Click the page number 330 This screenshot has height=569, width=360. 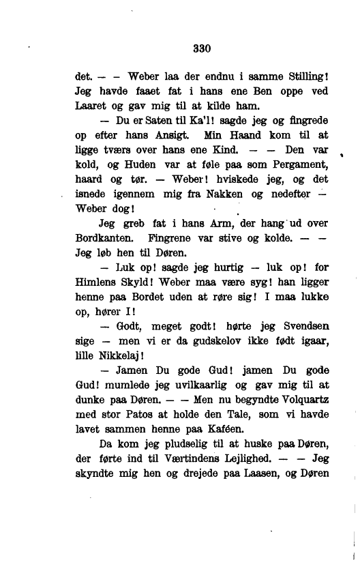click(202, 48)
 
